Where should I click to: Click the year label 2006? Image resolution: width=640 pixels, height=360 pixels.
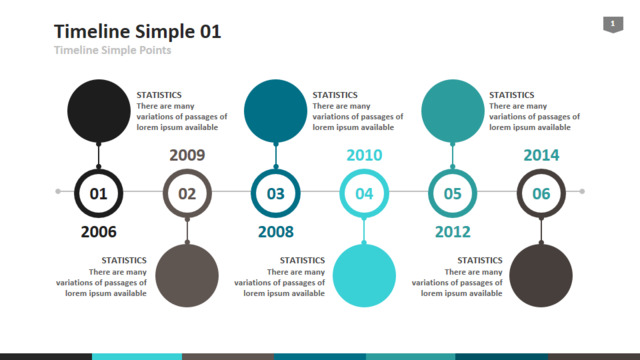(x=98, y=232)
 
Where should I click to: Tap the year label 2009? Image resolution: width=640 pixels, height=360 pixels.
(x=187, y=155)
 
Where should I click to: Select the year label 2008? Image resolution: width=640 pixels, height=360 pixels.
(x=276, y=232)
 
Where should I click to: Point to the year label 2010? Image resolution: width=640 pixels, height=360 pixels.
(x=364, y=155)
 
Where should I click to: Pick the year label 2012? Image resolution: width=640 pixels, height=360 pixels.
(x=453, y=232)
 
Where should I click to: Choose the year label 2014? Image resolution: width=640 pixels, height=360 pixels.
(x=541, y=155)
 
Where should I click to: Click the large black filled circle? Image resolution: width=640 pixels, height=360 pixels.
(x=99, y=111)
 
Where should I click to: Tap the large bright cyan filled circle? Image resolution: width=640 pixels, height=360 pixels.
(x=364, y=276)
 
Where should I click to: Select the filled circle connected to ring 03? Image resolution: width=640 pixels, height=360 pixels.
(x=276, y=111)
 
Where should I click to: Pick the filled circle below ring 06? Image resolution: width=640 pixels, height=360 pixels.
(x=541, y=276)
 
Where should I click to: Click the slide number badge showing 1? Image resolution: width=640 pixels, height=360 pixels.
(x=613, y=24)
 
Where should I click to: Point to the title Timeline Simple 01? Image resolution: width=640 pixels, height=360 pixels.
(x=138, y=31)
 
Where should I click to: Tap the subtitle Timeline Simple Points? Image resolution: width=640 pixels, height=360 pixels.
(x=113, y=50)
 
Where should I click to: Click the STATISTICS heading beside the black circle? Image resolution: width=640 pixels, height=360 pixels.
(x=159, y=95)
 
